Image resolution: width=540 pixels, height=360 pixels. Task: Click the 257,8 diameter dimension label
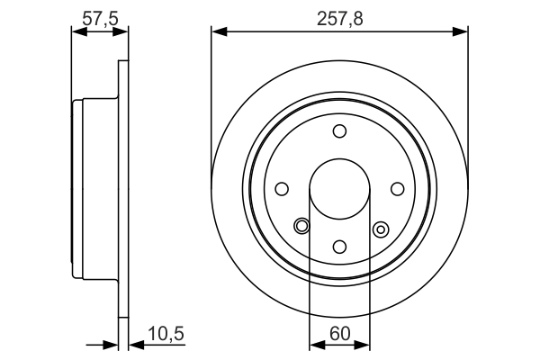pos(339,17)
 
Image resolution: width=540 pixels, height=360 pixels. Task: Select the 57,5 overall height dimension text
pos(99,17)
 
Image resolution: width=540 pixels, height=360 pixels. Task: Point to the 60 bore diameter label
pos(339,334)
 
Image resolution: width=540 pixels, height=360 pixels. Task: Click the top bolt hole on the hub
pos(339,131)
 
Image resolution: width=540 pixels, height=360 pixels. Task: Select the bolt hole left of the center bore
pos(282,189)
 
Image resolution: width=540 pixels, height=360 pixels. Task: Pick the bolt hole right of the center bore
pos(397,189)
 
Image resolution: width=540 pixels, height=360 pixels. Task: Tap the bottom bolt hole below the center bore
pos(339,247)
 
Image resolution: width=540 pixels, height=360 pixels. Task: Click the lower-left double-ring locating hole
pos(302,226)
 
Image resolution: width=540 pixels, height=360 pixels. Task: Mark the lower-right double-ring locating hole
pos(380,229)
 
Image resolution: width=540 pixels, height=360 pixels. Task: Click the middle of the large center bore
pos(339,189)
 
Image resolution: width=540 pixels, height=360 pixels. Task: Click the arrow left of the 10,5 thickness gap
pos(110,343)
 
